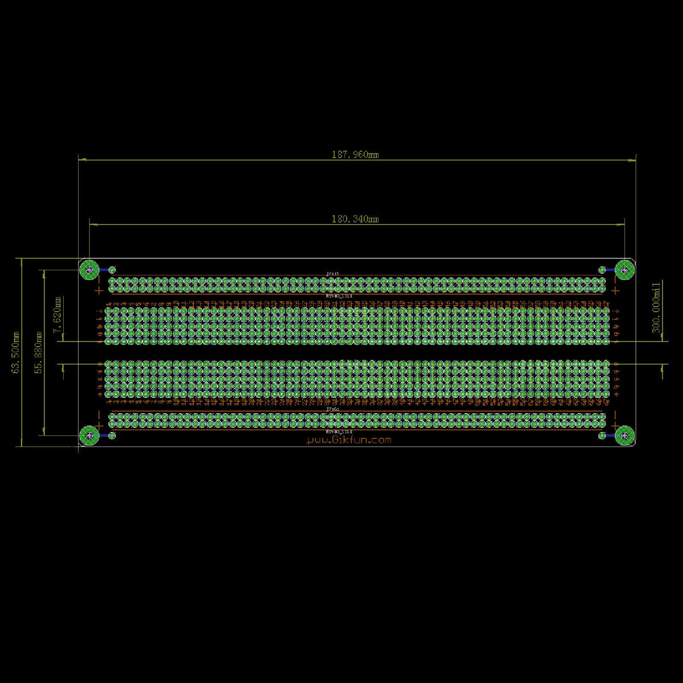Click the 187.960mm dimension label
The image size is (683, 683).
pyautogui.click(x=355, y=154)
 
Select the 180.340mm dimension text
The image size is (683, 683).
pyautogui.click(x=355, y=219)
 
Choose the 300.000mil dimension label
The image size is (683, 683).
pyautogui.click(x=656, y=307)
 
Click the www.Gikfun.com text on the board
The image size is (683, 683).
pyautogui.click(x=349, y=440)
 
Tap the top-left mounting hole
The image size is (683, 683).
pyautogui.click(x=89, y=269)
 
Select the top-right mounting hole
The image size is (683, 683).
pyautogui.click(x=625, y=269)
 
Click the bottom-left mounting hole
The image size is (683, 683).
pyautogui.click(x=89, y=435)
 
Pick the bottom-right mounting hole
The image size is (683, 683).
pyautogui.click(x=625, y=435)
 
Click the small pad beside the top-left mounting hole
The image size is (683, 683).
pyautogui.click(x=112, y=269)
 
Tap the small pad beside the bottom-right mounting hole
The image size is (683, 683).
pyautogui.click(x=602, y=435)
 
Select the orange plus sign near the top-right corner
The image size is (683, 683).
pyautogui.click(x=615, y=290)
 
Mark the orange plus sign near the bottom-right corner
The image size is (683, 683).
pyautogui.click(x=615, y=425)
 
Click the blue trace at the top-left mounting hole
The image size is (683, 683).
pyautogui.click(x=104, y=269)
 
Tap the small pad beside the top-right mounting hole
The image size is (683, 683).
pyautogui.click(x=602, y=269)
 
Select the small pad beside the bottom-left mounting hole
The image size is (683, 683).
pyautogui.click(x=112, y=435)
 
